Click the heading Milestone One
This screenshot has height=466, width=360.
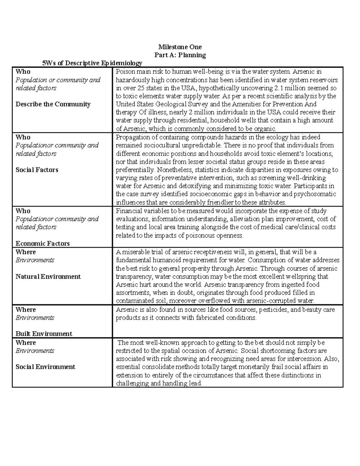tap(180, 47)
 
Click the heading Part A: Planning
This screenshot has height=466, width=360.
tap(180, 55)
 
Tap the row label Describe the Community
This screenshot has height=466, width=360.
tap(53, 104)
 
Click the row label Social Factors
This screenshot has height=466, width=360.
tap(37, 170)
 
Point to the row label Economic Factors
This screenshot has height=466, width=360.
tap(43, 243)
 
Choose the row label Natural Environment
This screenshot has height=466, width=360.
tap(48, 276)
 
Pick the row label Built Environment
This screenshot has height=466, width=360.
tap(44, 334)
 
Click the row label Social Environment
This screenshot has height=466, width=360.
tap(45, 367)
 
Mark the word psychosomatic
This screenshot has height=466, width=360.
tap(315, 194)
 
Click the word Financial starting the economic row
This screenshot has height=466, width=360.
tap(128, 211)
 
